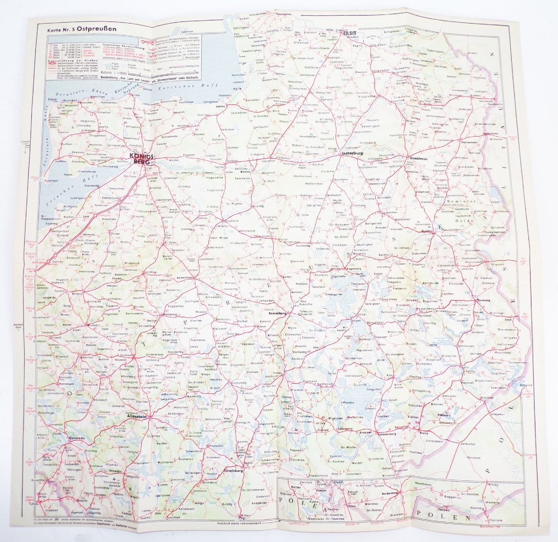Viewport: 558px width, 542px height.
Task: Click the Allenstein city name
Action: tap(137, 416)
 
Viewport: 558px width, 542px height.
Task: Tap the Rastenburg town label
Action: tap(277, 313)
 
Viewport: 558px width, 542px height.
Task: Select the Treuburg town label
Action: tap(484, 300)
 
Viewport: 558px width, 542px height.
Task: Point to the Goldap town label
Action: tap(428, 231)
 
